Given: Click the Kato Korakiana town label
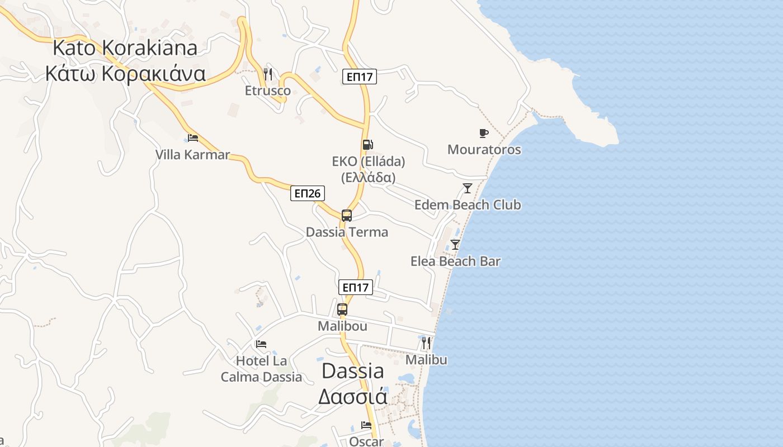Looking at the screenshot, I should [x=125, y=60].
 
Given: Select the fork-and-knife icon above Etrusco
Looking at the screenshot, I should [x=268, y=74].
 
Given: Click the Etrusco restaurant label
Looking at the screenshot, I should [x=268, y=91].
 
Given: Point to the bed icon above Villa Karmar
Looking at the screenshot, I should [x=193, y=137].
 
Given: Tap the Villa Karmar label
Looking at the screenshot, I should [x=192, y=155].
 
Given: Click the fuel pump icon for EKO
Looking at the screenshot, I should [x=367, y=145].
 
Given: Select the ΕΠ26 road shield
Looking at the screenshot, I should [x=308, y=193].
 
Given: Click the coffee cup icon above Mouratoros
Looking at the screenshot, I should [x=484, y=133].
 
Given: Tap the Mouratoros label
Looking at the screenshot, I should [x=484, y=150].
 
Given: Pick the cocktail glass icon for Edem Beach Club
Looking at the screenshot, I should [x=468, y=188].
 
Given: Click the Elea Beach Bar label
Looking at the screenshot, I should [x=455, y=261].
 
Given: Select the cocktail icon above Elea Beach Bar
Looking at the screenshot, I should [x=455, y=244].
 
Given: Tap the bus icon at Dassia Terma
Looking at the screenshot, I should [x=347, y=216].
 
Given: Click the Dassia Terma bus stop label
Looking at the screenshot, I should [x=347, y=232].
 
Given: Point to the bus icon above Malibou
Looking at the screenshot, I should [x=342, y=309].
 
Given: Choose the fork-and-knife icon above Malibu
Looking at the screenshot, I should [x=426, y=343].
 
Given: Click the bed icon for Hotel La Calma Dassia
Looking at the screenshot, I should [x=261, y=344].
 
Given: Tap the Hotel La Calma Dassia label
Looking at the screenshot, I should [x=261, y=369].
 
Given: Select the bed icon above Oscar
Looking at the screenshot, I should [x=366, y=425].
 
